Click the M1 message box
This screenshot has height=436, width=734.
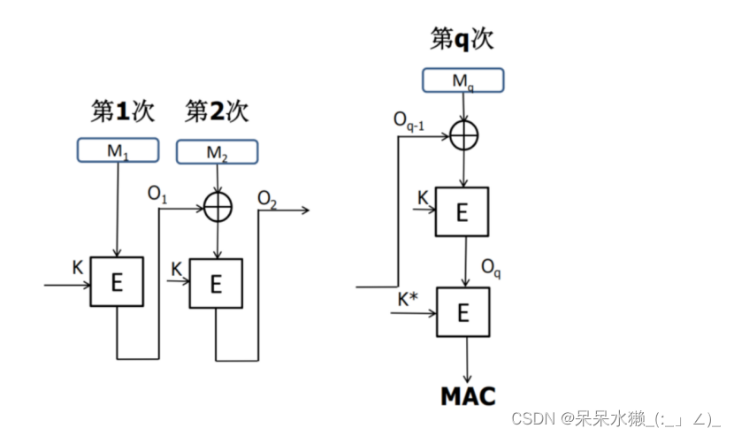point(118,150)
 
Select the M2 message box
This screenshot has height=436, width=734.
point(217,152)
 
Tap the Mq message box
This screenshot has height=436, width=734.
point(463,80)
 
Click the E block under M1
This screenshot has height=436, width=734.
point(117,282)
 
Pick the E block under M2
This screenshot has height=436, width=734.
point(216,284)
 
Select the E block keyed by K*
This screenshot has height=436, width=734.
point(463,312)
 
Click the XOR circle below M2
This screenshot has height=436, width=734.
point(217,206)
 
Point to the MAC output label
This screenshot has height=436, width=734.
point(468,395)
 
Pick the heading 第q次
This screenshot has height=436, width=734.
point(462,39)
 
